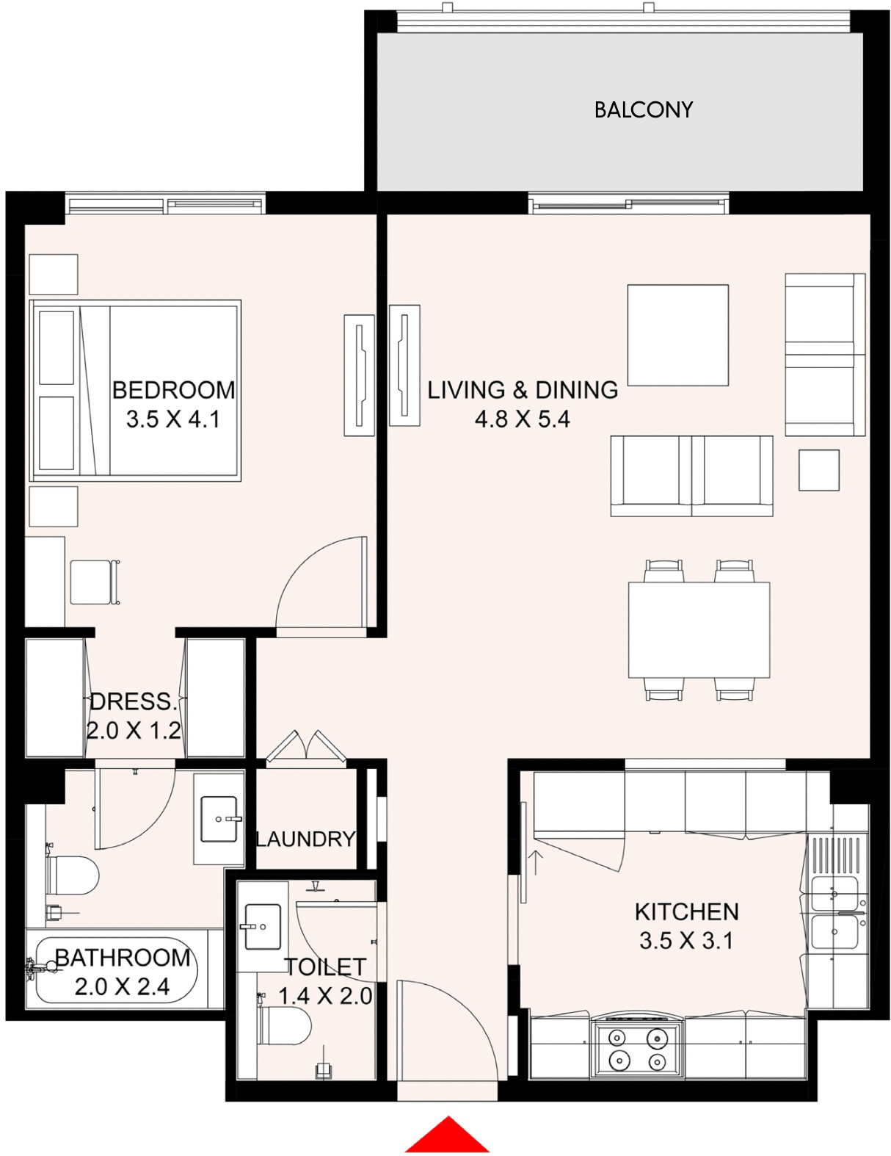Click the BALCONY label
pyautogui.click(x=643, y=110)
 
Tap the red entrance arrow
pyautogui.click(x=448, y=1136)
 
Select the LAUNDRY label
pyautogui.click(x=305, y=839)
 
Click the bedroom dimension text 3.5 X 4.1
pyautogui.click(x=172, y=420)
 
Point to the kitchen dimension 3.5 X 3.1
pyautogui.click(x=686, y=941)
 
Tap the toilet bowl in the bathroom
pyautogui.click(x=72, y=875)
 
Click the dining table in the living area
pyautogui.click(x=699, y=630)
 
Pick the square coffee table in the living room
pyautogui.click(x=678, y=335)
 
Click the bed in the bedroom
pyautogui.click(x=136, y=391)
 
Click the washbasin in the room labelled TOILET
pyautogui.click(x=263, y=928)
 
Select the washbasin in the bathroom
pyautogui.click(x=219, y=819)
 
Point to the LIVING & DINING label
pyautogui.click(x=523, y=390)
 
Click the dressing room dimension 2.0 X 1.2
pyautogui.click(x=134, y=731)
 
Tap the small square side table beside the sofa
pyautogui.click(x=818, y=470)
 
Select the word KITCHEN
pyautogui.click(x=687, y=912)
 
